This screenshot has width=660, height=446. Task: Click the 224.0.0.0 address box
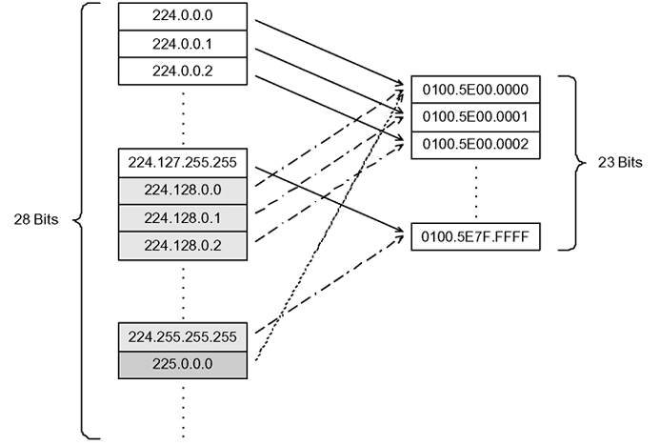pyautogui.click(x=184, y=16)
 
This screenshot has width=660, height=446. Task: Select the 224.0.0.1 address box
pyautogui.click(x=184, y=43)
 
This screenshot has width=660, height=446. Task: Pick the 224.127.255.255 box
pyautogui.click(x=184, y=162)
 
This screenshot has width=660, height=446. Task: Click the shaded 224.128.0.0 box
pyautogui.click(x=184, y=190)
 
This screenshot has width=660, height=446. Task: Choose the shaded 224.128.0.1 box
pyautogui.click(x=184, y=218)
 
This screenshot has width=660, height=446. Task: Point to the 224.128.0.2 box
pyautogui.click(x=184, y=246)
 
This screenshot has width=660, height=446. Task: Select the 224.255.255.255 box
pyautogui.click(x=184, y=336)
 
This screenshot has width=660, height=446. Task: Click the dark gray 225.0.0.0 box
pyautogui.click(x=184, y=364)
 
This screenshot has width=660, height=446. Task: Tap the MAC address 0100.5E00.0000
pyautogui.click(x=475, y=89)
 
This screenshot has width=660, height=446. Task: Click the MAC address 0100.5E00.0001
pyautogui.click(x=475, y=116)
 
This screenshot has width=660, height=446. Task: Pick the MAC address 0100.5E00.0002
pyautogui.click(x=475, y=144)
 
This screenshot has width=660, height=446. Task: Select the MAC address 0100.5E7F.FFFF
pyautogui.click(x=475, y=235)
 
